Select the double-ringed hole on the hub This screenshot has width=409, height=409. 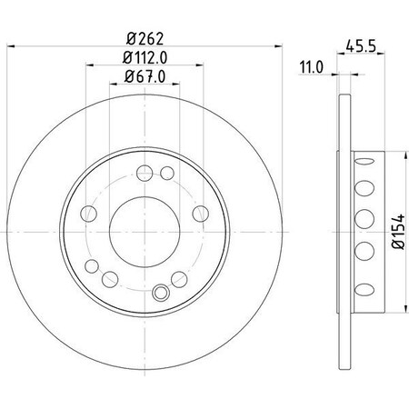[163, 293]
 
